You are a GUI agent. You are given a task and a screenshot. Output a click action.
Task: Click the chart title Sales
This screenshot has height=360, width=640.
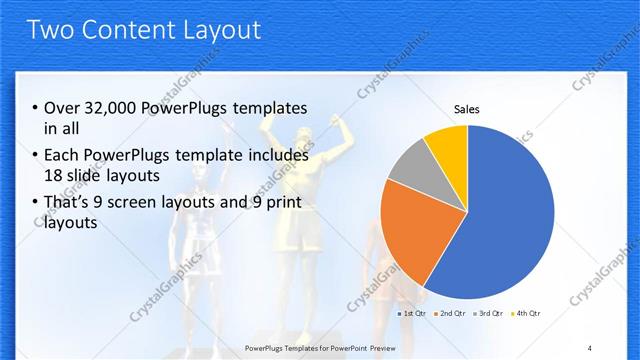pyautogui.click(x=466, y=109)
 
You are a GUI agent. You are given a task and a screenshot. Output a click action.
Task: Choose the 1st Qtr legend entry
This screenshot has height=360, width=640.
pyautogui.click(x=414, y=314)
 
